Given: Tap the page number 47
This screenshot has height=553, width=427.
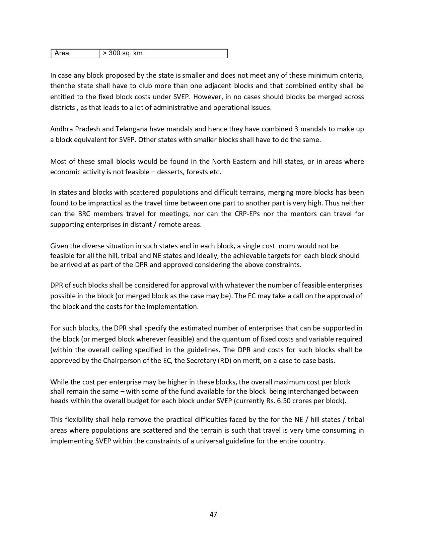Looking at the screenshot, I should tap(213, 514).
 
